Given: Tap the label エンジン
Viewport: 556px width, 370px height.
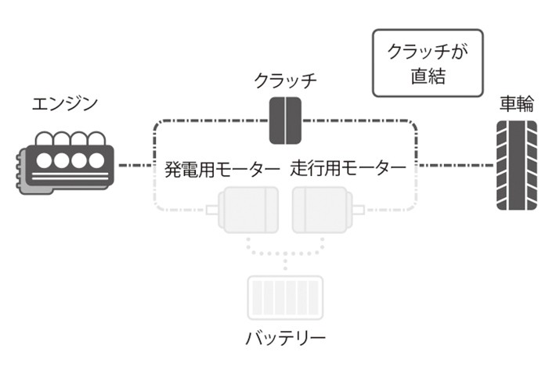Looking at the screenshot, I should (x=66, y=103).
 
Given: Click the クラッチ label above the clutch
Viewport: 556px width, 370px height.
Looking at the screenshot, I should (x=286, y=80).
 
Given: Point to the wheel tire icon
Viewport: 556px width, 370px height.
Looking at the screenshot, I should (x=517, y=166).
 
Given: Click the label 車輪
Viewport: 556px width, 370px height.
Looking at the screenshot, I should (x=517, y=104).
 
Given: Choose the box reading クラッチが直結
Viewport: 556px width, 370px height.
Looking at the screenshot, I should (x=428, y=63).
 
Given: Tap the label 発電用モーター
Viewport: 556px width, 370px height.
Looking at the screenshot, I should (x=222, y=167).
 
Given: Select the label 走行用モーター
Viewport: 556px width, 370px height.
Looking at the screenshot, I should (x=348, y=167).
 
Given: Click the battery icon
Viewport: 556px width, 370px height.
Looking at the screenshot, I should (x=284, y=298).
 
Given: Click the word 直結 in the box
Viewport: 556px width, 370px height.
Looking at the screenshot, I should (x=428, y=77).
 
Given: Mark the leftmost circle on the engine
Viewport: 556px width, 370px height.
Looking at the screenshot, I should (x=44, y=161).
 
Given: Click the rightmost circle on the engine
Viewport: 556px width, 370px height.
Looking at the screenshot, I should (x=96, y=161).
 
